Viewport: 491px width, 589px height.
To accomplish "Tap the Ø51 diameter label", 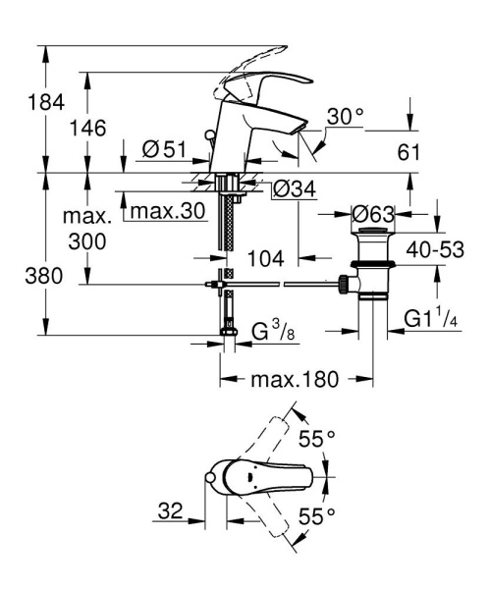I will (x=164, y=149).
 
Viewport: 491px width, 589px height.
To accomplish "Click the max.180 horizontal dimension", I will (x=298, y=379).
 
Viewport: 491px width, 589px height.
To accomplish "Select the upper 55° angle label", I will (x=318, y=438).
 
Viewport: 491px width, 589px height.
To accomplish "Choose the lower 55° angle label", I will (x=318, y=514).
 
